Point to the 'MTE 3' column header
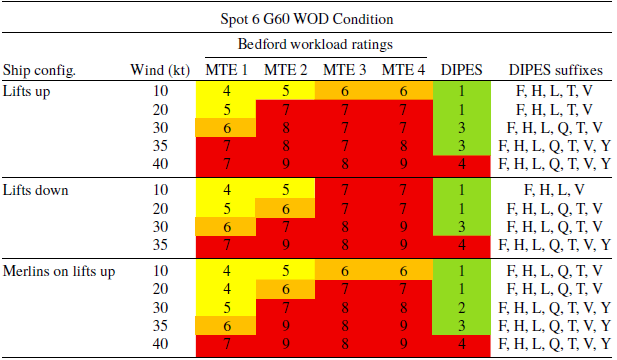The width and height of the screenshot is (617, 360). (346, 70)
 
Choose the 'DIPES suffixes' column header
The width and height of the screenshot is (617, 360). (555, 70)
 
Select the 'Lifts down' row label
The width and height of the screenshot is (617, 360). (36, 189)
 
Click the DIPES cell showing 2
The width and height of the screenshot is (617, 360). (463, 307)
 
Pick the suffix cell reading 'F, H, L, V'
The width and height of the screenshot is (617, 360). (555, 189)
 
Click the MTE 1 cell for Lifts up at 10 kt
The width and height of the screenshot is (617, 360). (228, 91)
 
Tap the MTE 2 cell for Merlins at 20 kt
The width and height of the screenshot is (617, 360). (286, 289)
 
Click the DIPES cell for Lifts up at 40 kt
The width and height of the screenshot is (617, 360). (463, 163)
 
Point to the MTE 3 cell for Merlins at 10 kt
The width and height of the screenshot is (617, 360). (346, 271)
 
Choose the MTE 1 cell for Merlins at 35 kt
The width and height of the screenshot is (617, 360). (228, 325)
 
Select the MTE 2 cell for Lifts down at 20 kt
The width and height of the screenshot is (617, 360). (286, 208)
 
